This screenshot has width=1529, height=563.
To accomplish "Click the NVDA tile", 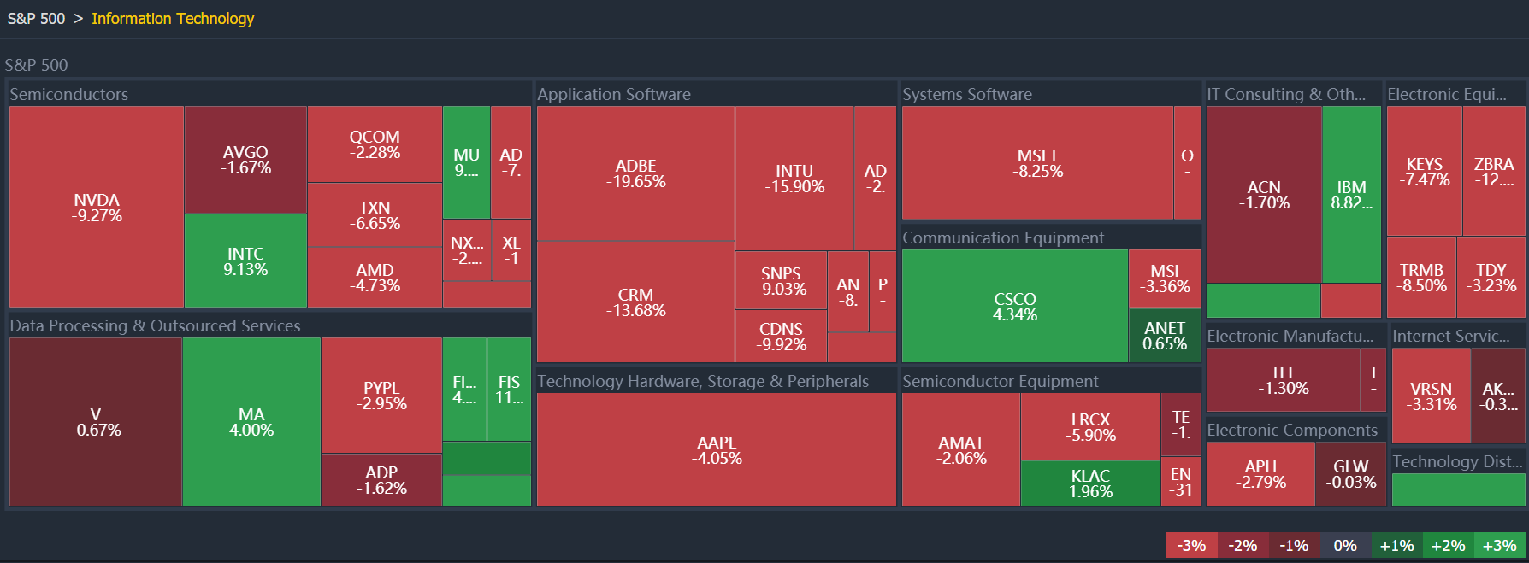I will (97, 207).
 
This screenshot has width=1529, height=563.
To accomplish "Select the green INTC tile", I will (245, 261).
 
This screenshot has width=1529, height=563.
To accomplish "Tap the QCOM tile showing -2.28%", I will (375, 144).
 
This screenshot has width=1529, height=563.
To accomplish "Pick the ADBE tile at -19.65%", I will (635, 173).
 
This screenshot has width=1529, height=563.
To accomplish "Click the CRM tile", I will (635, 302).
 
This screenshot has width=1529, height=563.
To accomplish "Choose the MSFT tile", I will (1038, 163).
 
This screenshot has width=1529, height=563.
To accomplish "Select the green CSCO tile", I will (1015, 306).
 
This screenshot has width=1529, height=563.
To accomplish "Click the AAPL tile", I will (717, 449).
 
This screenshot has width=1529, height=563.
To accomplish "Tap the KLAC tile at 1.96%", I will (1090, 483).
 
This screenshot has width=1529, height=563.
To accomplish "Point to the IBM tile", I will (1351, 194).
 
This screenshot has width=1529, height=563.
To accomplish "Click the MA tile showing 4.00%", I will (251, 422).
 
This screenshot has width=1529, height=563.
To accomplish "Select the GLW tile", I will (1350, 473).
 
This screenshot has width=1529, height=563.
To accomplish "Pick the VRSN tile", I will (1431, 396).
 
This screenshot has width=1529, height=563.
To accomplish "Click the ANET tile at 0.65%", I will (1165, 336).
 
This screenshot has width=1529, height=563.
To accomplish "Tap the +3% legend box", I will (1499, 546).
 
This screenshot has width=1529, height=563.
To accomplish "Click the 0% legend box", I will (1345, 546).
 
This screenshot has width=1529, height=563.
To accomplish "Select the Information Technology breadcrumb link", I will (173, 19).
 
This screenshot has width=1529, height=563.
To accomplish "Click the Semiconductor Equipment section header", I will (1000, 381).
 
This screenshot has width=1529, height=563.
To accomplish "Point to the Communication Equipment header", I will (1003, 238).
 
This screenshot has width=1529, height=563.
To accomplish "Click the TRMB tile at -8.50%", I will (1421, 278).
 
